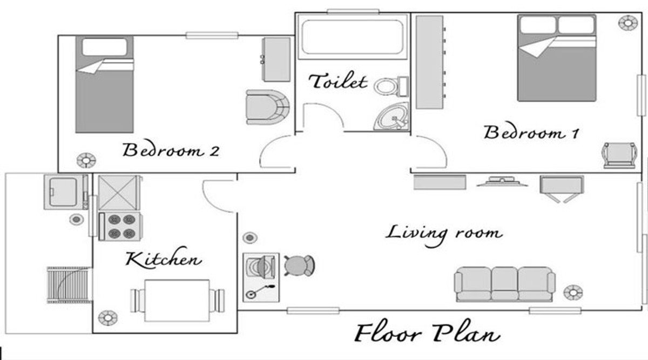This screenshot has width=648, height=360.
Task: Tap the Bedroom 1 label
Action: pyautogui.click(x=531, y=132)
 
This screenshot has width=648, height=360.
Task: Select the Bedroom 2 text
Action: pyautogui.click(x=171, y=150)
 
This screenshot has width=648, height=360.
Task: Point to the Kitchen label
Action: pyautogui.click(x=164, y=258)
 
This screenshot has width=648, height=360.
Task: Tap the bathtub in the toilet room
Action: pyautogui.click(x=353, y=37)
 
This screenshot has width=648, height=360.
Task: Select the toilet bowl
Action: pyautogui.click(x=391, y=86)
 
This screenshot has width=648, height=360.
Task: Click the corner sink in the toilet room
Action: pyautogui.click(x=391, y=116)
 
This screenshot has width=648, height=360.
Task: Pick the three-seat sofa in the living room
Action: pyautogui.click(x=504, y=284)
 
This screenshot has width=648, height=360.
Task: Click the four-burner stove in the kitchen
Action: pyautogui.click(x=120, y=227)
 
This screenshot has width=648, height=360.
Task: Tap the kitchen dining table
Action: pyautogui.click(x=177, y=301)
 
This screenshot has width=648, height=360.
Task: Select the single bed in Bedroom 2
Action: pyautogui.click(x=104, y=84)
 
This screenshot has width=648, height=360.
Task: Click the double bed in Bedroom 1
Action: pyautogui.click(x=557, y=58)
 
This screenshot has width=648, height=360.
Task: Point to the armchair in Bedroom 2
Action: pyautogui.click(x=268, y=107)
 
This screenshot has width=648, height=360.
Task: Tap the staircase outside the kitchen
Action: pyautogui.click(x=70, y=285)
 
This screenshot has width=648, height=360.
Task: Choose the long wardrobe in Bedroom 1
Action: pyautogui.click(x=430, y=62)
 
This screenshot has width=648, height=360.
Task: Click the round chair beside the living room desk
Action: pyautogui.click(x=299, y=266)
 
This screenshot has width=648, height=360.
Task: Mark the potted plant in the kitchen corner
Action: pyautogui.click(x=108, y=318)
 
